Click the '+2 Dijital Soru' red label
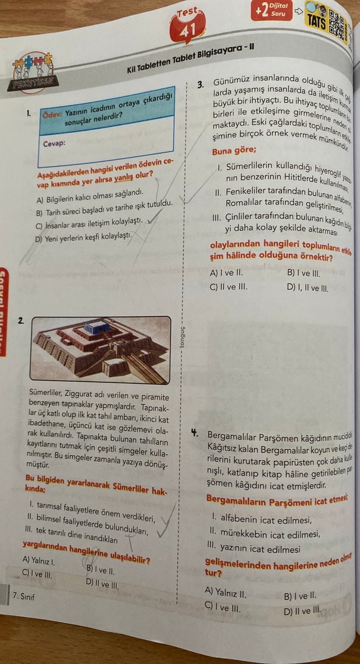(272, 10)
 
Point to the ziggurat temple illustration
(101, 350)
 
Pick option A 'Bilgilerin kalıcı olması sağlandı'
(89, 199)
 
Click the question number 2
(21, 320)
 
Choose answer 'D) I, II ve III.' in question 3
(307, 289)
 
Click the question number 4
(194, 432)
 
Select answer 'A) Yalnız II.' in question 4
(224, 591)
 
